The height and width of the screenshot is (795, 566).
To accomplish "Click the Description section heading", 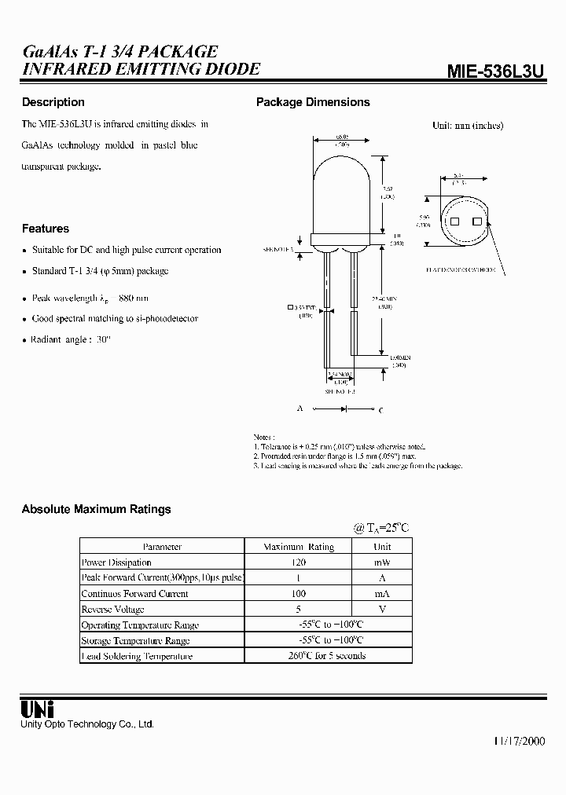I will [x=53, y=102].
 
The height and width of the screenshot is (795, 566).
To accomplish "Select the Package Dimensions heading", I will [x=313, y=102].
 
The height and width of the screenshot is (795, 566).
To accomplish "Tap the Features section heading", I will [x=46, y=229].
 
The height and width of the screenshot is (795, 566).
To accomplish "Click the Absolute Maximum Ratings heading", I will [x=96, y=509].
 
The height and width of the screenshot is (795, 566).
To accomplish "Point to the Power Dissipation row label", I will [x=116, y=562].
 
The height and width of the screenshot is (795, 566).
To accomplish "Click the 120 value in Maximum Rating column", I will [x=298, y=562].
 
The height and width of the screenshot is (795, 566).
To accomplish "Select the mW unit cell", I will [x=381, y=562].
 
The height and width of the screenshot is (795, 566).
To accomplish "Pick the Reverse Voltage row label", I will [x=113, y=610].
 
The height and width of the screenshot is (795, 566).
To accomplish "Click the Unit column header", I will [x=381, y=547].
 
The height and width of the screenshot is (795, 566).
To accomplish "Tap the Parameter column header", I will [x=162, y=547].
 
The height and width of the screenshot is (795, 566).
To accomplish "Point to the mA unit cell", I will [x=381, y=594].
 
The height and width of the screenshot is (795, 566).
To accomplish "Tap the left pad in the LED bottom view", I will [x=454, y=222].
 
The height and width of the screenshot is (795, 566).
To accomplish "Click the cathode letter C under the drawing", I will [x=381, y=409].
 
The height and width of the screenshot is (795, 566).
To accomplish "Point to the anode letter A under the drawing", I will [x=299, y=409].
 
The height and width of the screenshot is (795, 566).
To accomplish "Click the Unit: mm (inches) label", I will [x=468, y=125].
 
